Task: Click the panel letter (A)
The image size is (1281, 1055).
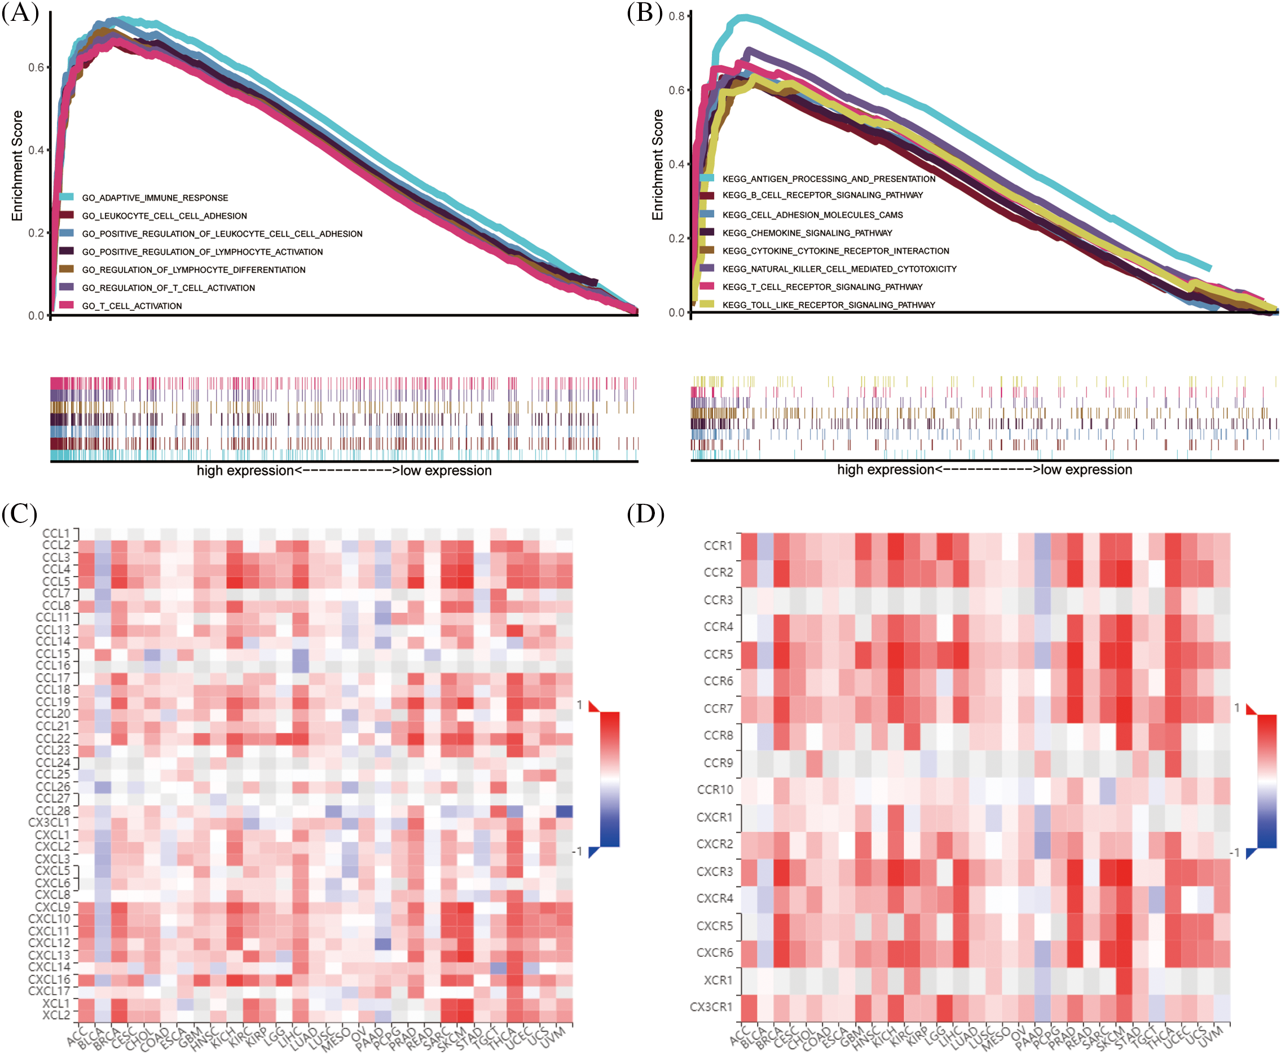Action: [x=20, y=12]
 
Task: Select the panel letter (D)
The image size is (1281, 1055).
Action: [x=645, y=514]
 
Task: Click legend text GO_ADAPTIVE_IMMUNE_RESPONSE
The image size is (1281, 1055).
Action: [x=155, y=198]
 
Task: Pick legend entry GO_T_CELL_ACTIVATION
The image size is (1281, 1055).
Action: [x=132, y=306]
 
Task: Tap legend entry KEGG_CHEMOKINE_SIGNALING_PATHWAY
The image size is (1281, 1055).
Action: [x=807, y=234]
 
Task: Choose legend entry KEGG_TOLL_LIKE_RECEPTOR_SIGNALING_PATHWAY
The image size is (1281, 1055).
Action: [x=828, y=305]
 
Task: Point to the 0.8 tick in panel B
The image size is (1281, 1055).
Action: [x=677, y=16]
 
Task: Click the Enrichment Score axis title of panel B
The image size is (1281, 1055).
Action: [x=658, y=165]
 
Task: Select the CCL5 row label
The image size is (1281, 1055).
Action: [x=56, y=582]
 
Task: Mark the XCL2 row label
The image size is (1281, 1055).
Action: [x=56, y=1016]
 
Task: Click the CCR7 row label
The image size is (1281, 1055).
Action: [x=718, y=709]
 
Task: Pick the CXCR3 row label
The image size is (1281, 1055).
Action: [x=715, y=872]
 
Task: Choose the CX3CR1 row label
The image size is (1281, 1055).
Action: [x=711, y=1007]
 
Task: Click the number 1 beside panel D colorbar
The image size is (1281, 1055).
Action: [x=1236, y=708]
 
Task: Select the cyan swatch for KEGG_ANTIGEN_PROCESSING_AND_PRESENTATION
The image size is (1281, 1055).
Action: [x=706, y=178]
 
